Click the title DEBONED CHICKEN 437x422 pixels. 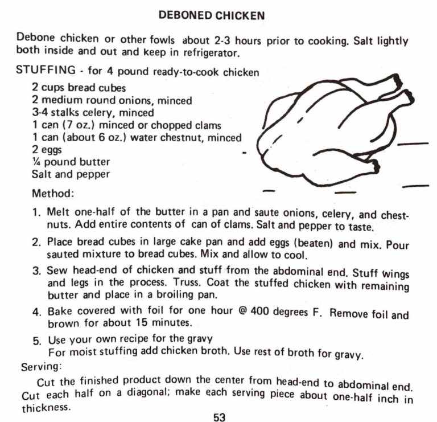pyautogui.click(x=212, y=15)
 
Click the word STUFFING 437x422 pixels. pyautogui.click(x=46, y=71)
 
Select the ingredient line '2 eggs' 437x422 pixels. pyautogui.click(x=47, y=150)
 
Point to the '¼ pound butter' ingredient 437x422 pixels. pyautogui.click(x=71, y=162)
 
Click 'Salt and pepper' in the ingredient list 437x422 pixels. pyautogui.click(x=71, y=174)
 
